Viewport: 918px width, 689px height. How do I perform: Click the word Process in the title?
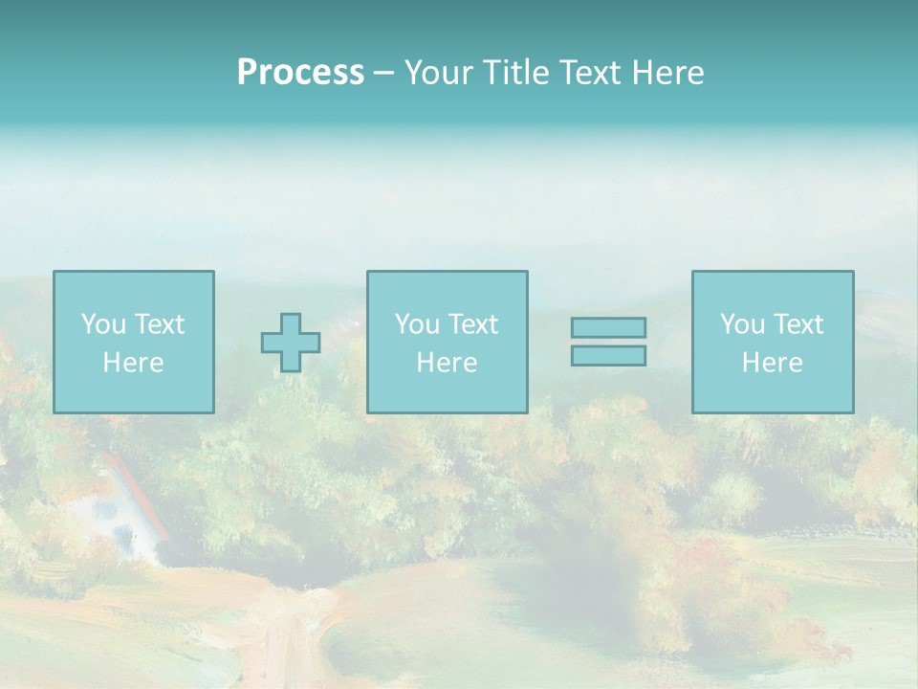tap(300, 73)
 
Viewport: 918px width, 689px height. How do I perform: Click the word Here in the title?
tap(670, 73)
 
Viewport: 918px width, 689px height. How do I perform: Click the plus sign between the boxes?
tap(291, 343)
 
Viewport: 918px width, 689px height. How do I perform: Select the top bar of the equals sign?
tap(608, 327)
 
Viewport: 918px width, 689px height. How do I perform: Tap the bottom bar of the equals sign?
tap(608, 356)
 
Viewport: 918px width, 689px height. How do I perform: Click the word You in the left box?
tap(102, 324)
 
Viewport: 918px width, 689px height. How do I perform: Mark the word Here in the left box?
tap(133, 363)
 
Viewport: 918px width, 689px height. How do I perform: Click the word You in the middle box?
tap(417, 324)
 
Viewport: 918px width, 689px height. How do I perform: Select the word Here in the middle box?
tap(447, 363)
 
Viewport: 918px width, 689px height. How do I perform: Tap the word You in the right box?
tap(742, 324)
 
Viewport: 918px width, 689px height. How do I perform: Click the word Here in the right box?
tap(772, 363)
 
